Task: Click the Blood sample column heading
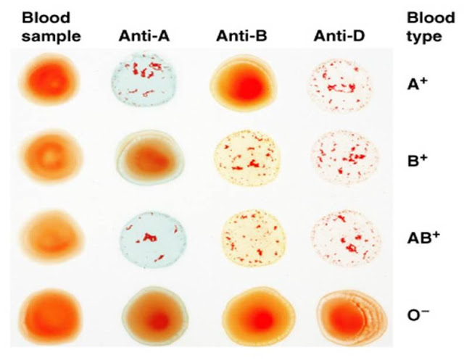50,25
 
